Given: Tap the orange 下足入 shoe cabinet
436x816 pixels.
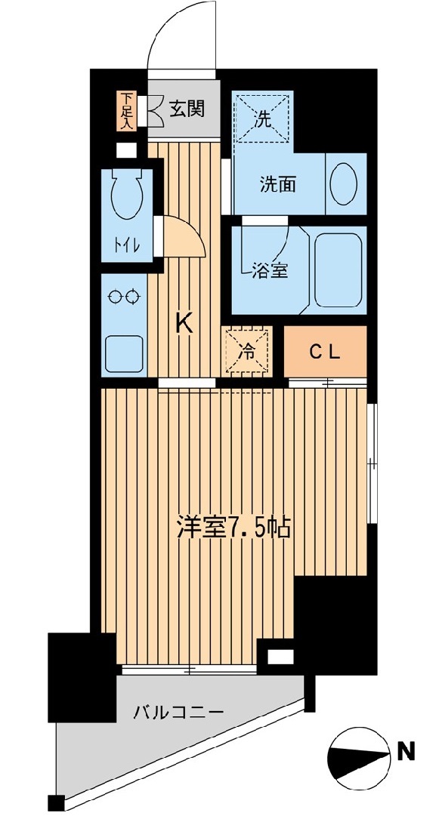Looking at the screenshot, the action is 125,110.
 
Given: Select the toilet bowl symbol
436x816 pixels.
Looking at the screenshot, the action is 126,195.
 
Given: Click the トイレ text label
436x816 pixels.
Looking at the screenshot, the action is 127,245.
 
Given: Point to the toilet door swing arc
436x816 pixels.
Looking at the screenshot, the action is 193,232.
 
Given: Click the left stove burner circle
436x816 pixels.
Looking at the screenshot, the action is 115,297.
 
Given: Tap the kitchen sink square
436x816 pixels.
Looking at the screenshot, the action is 125,353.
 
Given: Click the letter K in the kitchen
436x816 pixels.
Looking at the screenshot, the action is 184,325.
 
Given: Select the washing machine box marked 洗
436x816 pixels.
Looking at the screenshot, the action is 263,117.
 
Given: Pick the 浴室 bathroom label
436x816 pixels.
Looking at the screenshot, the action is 270,270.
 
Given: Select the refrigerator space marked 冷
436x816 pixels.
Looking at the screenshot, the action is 247,351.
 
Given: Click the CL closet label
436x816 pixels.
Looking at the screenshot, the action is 326,353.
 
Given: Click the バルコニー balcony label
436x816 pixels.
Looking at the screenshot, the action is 178,711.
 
